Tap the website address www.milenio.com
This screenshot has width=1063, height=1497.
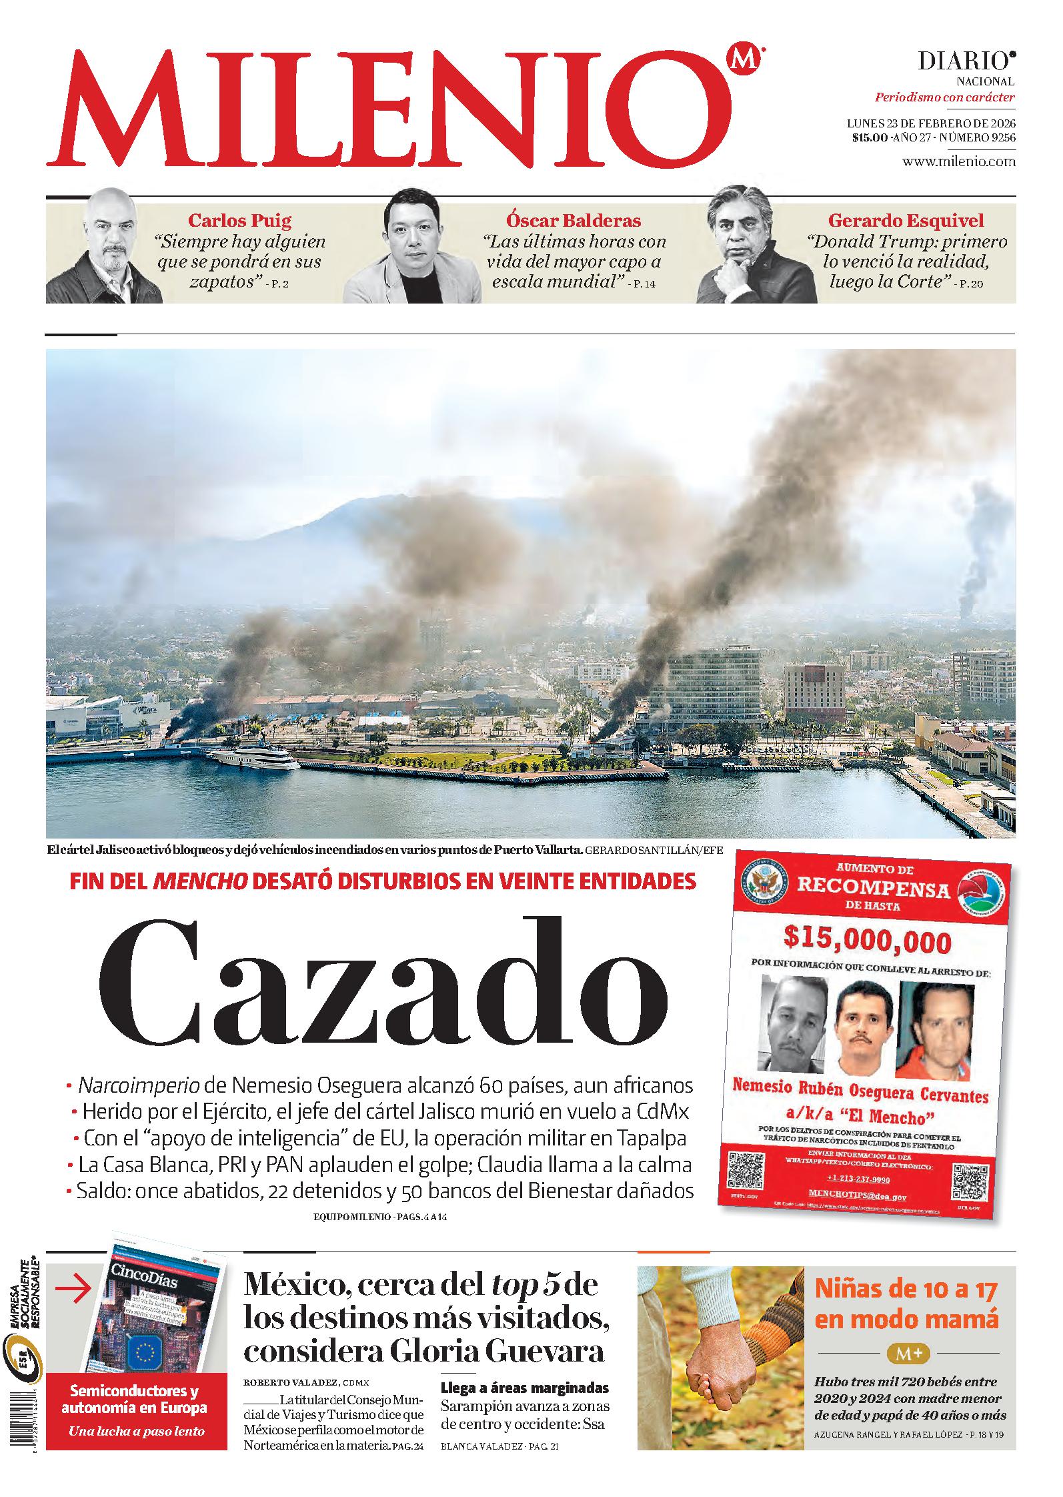pos(958,161)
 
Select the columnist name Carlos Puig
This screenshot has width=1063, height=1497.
pos(239,220)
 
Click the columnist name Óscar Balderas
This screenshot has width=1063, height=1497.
pos(574,220)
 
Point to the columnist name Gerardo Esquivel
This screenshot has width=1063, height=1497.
pos(906,220)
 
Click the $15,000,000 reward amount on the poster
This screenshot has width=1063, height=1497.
pos(867,941)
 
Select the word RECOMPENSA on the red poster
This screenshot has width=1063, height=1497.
pos(874,889)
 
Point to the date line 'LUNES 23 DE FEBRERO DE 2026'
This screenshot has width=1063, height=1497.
pos(930,123)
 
